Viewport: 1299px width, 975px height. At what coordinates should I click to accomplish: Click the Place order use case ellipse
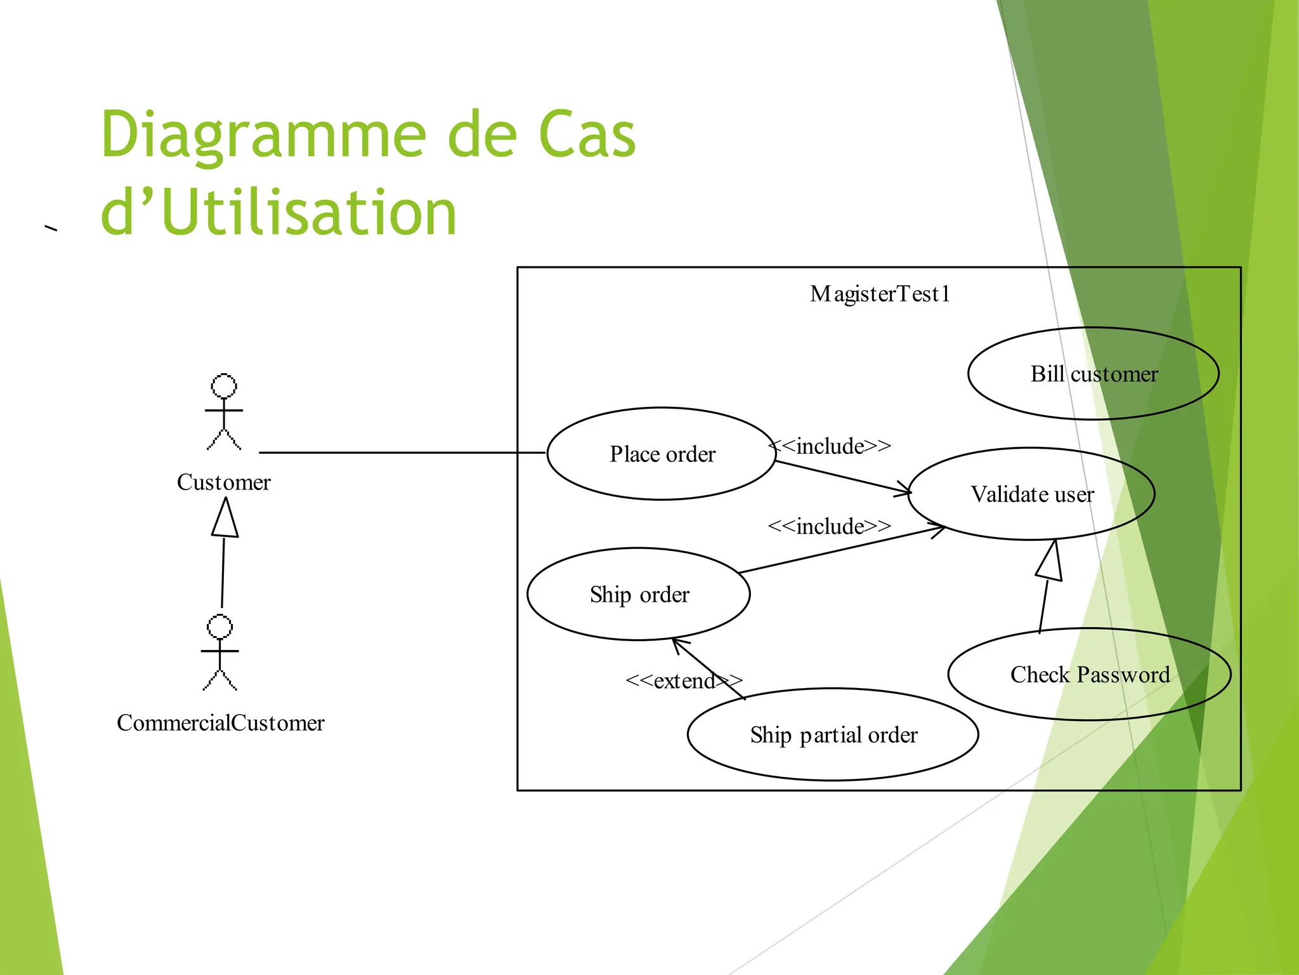(x=662, y=454)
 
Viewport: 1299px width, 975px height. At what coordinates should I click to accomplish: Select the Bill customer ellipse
(x=1093, y=374)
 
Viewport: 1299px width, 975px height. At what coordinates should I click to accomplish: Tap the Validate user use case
(x=1031, y=494)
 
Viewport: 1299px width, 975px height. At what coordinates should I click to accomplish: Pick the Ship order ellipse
(x=639, y=594)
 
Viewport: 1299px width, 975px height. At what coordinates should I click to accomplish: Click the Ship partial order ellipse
(x=833, y=734)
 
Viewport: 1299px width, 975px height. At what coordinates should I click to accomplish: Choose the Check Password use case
(x=1089, y=674)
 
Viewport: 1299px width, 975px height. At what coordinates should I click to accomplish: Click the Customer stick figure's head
(x=224, y=386)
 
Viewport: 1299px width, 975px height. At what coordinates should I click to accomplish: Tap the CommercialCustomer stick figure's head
(x=220, y=627)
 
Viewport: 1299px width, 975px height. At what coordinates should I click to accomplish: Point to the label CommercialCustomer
(x=220, y=722)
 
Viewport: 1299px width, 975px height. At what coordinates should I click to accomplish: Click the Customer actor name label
(x=223, y=482)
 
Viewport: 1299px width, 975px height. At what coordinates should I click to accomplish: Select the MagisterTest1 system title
(x=880, y=294)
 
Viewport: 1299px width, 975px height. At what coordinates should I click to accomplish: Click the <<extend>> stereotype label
(x=683, y=681)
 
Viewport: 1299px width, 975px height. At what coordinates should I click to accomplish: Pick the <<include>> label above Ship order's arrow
(x=829, y=526)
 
